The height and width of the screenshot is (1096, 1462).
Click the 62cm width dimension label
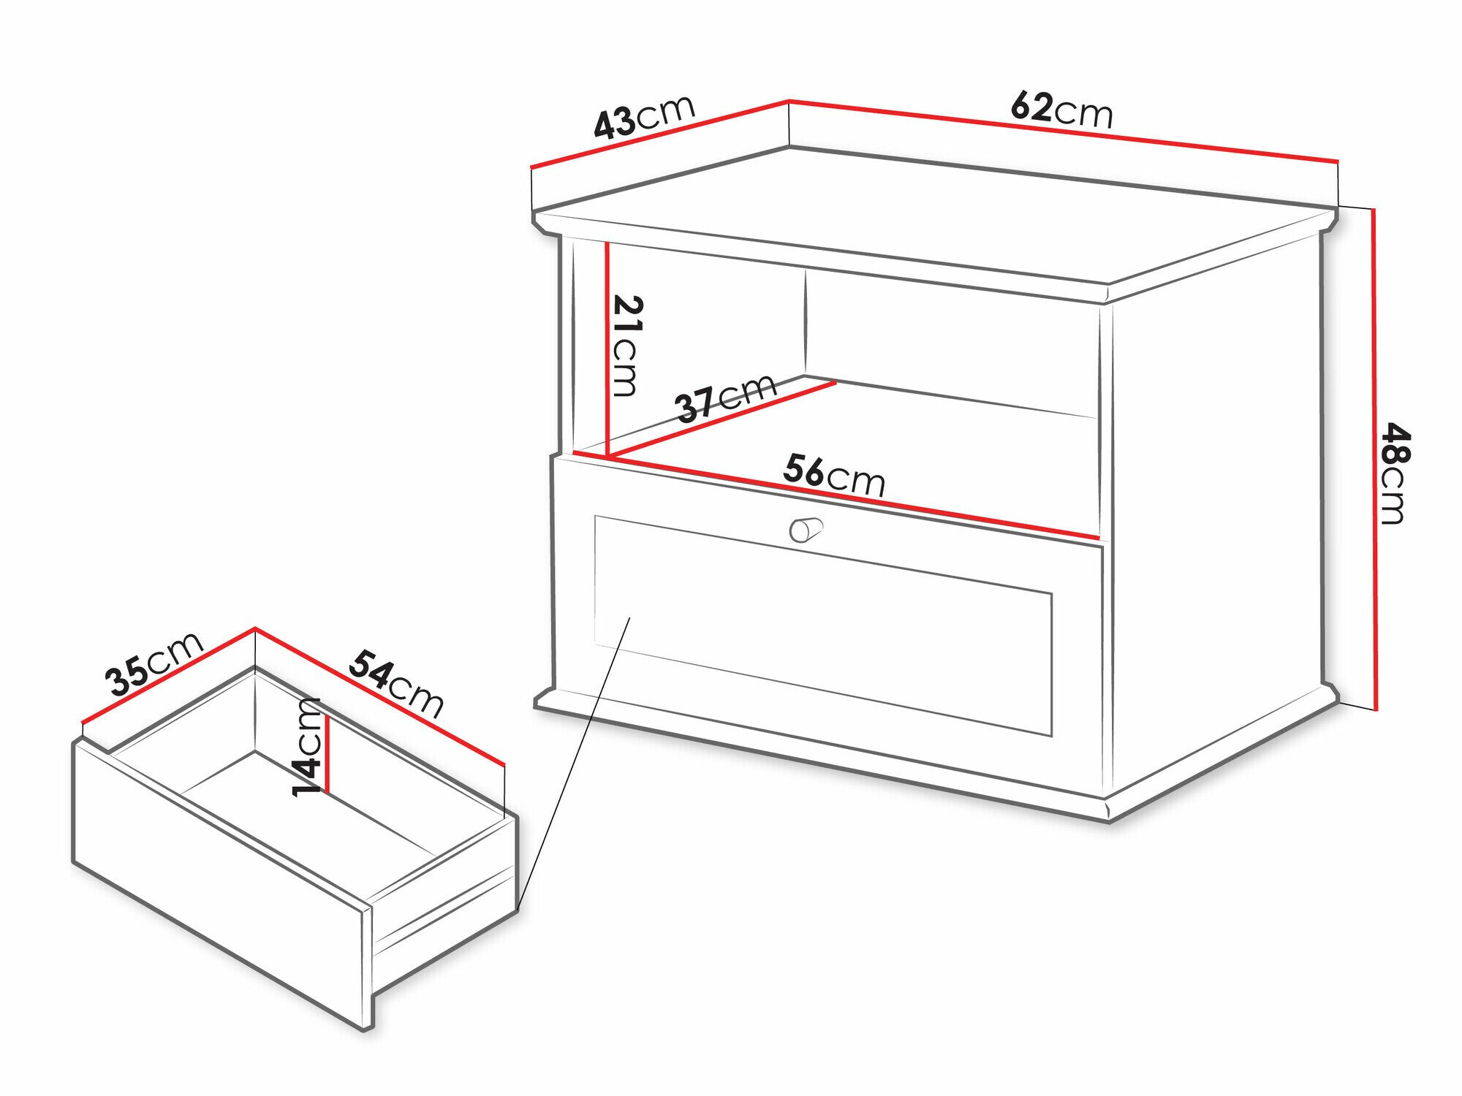(1062, 110)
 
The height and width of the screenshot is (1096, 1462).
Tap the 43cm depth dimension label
(644, 117)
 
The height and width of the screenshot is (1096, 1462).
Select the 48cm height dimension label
(1393, 473)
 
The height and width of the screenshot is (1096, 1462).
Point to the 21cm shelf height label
(626, 346)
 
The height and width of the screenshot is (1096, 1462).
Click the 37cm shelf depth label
(726, 397)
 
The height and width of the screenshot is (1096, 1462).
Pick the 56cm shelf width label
(834, 476)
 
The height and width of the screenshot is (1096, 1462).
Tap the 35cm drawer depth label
(154, 663)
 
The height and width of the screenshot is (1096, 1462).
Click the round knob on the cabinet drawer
(806, 529)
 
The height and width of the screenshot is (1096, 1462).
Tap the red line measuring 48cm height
(1375, 459)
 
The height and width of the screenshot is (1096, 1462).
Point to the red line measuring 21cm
(607, 349)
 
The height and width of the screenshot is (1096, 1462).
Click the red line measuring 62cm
(1063, 130)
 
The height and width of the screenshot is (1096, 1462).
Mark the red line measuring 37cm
(723, 420)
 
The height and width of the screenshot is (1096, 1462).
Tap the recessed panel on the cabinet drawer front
(823, 625)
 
